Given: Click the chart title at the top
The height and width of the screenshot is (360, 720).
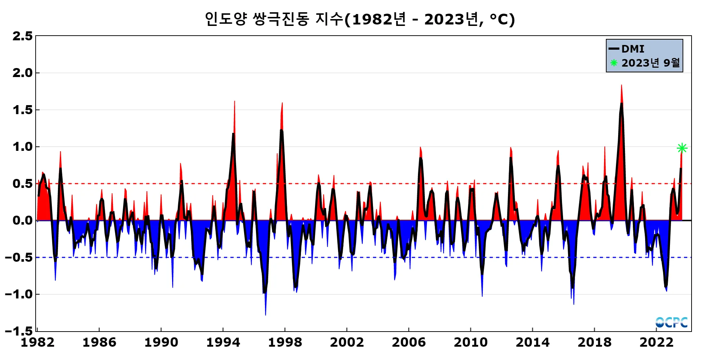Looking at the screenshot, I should click(x=360, y=19).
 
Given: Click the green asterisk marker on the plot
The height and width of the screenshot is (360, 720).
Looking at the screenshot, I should click(x=682, y=148).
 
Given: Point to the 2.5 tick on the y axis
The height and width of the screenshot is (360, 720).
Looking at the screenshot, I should click(x=22, y=36).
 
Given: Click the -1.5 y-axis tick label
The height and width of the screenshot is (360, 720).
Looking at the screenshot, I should click(x=18, y=331).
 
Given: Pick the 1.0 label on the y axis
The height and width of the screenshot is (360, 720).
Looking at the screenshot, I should click(x=22, y=147).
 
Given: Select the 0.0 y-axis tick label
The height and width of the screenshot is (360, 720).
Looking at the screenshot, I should click(x=22, y=220).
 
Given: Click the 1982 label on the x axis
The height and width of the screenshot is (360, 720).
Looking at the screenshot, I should click(x=37, y=342).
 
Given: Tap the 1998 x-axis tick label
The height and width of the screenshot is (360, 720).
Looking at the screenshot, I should click(x=285, y=342).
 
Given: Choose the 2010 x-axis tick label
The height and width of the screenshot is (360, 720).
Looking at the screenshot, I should click(x=471, y=342).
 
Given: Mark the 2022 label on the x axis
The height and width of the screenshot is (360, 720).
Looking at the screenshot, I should click(x=656, y=342).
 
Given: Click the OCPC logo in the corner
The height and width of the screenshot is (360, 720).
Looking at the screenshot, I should click(x=671, y=322).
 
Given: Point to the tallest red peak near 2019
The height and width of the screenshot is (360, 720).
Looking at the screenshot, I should click(x=621, y=86).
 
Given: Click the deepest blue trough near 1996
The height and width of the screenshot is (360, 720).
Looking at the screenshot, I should click(x=265, y=314).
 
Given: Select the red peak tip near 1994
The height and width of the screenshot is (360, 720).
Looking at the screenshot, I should click(x=234, y=102).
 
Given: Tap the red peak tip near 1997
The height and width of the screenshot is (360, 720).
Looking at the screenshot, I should click(x=282, y=103).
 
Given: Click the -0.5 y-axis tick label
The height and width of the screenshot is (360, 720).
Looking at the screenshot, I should click(x=18, y=257).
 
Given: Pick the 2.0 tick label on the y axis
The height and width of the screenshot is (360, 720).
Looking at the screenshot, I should click(x=22, y=73).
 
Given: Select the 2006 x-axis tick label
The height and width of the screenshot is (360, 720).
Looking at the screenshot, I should click(x=409, y=342).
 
